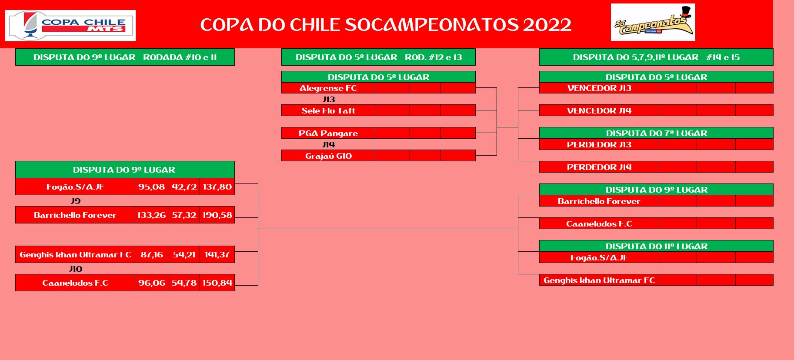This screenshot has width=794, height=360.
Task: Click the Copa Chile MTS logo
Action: (x=70, y=26)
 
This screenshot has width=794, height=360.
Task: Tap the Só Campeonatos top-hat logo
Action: (x=653, y=22)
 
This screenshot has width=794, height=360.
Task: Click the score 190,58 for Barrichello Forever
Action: (x=217, y=215)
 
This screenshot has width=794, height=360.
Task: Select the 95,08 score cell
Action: (x=151, y=187)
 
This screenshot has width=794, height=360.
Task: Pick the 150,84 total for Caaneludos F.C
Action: (x=217, y=283)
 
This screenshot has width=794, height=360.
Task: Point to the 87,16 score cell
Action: (x=152, y=254)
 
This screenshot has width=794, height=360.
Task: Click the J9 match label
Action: (x=76, y=201)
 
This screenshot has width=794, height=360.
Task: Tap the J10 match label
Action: (x=76, y=269)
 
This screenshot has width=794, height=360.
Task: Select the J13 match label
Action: (x=329, y=99)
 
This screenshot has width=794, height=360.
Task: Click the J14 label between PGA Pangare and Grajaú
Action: (x=329, y=144)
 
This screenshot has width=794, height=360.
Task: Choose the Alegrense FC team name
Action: (x=328, y=88)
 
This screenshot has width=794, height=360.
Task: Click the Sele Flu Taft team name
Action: (x=328, y=110)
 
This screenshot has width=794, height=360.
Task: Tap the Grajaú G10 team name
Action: (x=328, y=156)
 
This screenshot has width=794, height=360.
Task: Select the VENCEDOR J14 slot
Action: (x=599, y=110)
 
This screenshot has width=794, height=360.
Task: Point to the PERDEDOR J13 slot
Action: (x=599, y=144)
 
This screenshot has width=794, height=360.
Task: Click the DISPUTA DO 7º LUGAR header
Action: (x=657, y=133)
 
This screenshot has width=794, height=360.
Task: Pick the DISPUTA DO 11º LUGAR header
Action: (x=657, y=246)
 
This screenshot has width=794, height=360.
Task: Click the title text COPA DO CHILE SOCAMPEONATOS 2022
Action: (x=386, y=25)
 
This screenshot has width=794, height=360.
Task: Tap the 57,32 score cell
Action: (x=184, y=215)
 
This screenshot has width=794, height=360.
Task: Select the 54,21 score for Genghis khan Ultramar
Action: (x=184, y=254)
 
